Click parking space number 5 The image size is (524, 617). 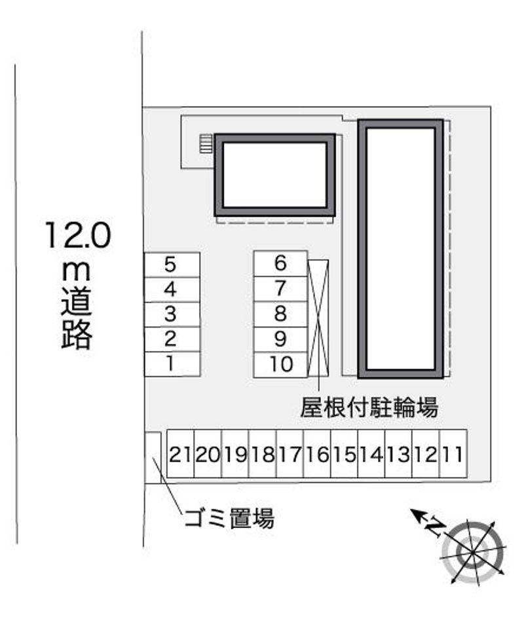[x=172, y=265]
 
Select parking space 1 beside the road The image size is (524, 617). [x=172, y=364]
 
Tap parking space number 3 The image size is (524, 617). [x=172, y=314]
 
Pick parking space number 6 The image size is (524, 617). [x=280, y=263]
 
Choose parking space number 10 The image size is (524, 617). [x=280, y=365]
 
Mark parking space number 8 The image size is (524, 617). [x=280, y=314]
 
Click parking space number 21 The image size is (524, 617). [x=181, y=454]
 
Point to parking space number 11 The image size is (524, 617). [x=453, y=454]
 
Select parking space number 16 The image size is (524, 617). [x=317, y=454]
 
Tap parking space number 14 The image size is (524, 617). [x=371, y=454]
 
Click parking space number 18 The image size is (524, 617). [x=263, y=454]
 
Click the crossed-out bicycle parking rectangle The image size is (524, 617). [x=318, y=318]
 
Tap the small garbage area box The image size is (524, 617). [x=153, y=458]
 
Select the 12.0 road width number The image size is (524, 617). [x=78, y=235]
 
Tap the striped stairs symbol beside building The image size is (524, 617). [x=206, y=143]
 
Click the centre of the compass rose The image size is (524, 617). [x=472, y=552]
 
